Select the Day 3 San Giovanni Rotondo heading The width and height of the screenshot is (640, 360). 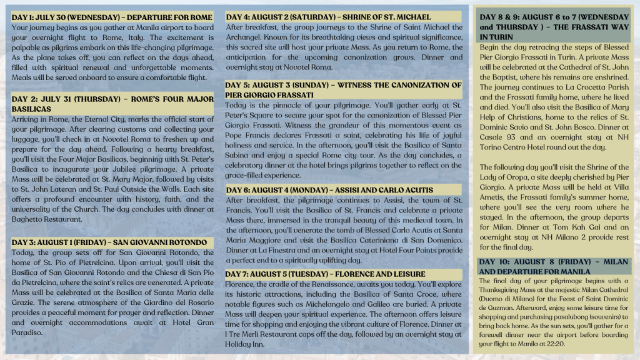109,242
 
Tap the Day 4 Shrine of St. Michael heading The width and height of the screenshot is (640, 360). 328,16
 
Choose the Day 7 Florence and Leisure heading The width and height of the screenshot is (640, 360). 325,274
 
